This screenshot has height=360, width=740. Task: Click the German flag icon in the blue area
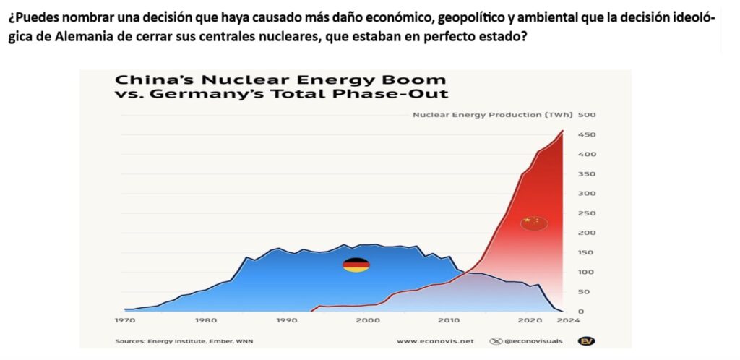pos(356,265)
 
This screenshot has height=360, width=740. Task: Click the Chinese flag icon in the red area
pos(534,223)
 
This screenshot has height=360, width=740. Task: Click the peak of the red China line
pos(562,131)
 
